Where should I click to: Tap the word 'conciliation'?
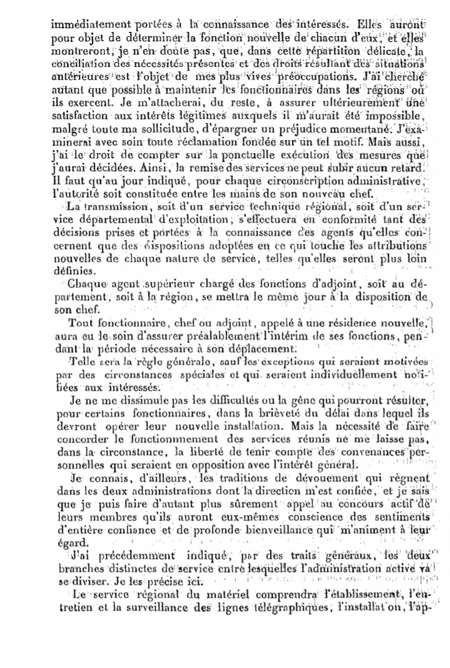[78, 64]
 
